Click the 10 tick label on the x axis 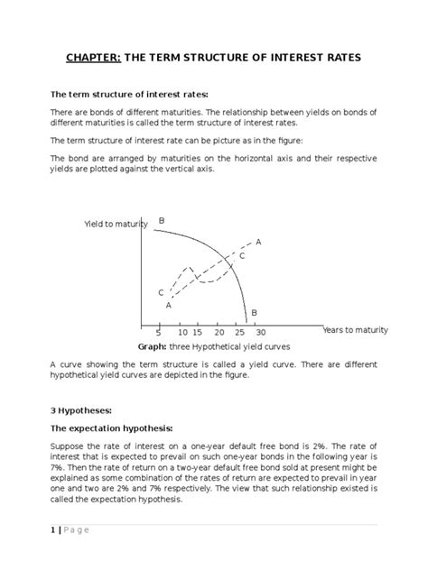tap(183, 332)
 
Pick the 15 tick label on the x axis tap(197, 332)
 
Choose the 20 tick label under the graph tap(219, 332)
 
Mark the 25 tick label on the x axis tap(239, 332)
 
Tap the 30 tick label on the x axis tap(260, 332)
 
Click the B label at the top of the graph tap(162, 221)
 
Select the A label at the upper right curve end tap(258, 242)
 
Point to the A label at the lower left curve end tap(168, 306)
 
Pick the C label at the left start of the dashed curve tap(161, 293)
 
